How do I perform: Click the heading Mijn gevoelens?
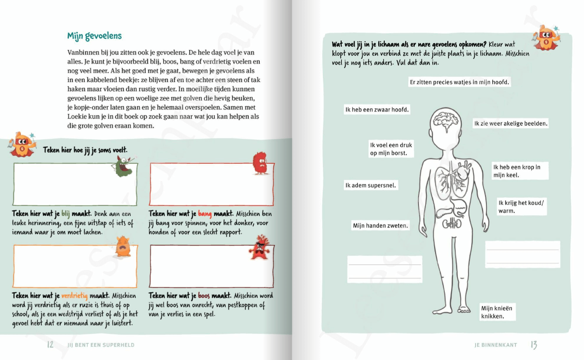(x=94, y=36)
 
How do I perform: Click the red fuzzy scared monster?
(x=261, y=163)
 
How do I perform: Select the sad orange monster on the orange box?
(x=123, y=246)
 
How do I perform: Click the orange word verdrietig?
(x=74, y=296)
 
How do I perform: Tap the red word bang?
(x=205, y=214)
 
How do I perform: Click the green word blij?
(x=66, y=214)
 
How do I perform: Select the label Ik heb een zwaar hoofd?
(x=377, y=110)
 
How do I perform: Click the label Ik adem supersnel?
(x=371, y=185)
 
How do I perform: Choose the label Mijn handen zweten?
(x=380, y=226)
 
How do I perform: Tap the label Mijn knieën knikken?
(x=497, y=312)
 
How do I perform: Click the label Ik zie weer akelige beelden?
(x=511, y=124)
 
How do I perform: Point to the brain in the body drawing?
(x=446, y=120)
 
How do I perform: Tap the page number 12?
(x=50, y=345)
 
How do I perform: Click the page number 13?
(x=534, y=345)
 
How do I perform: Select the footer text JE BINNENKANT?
(x=496, y=345)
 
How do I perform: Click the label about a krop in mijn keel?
(x=520, y=171)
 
